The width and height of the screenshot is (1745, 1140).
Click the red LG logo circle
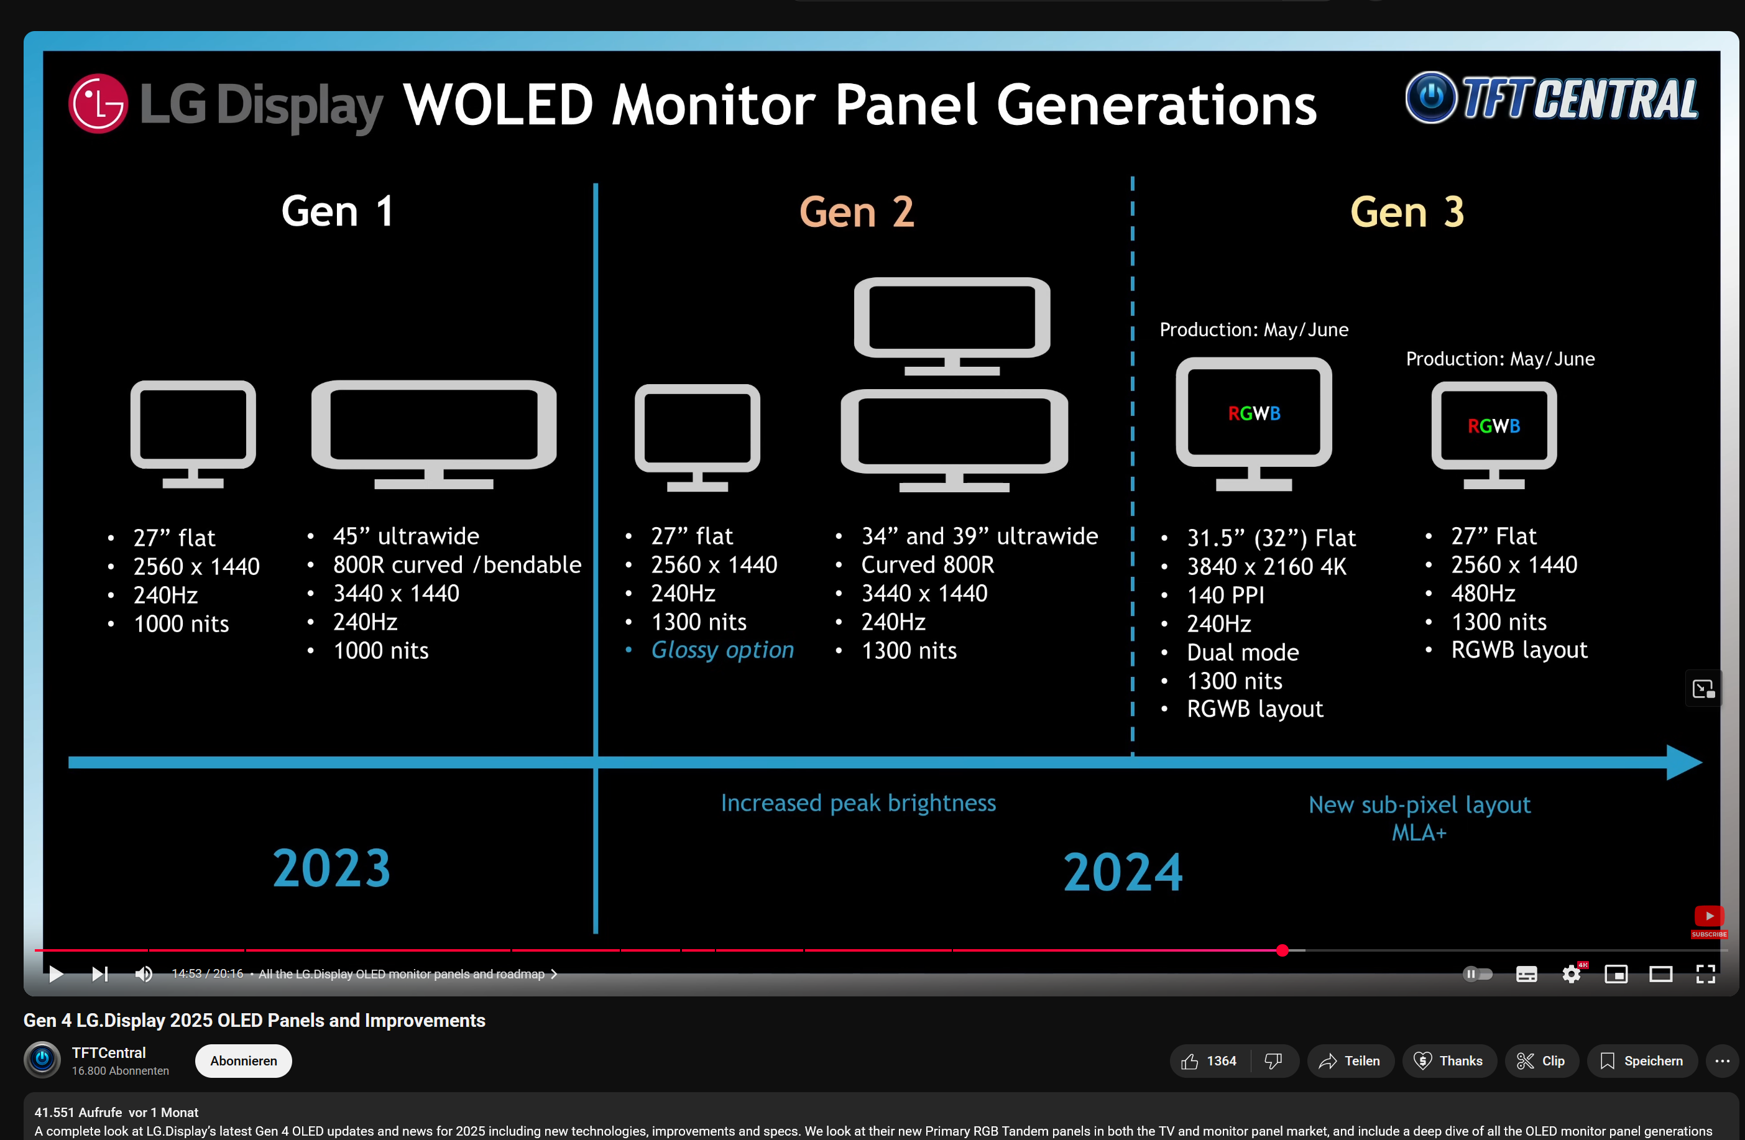click(98, 103)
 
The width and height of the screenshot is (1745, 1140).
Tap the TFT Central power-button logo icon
click(1430, 98)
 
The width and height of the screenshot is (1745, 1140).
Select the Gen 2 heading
click(857, 212)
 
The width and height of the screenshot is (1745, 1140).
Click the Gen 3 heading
click(1406, 212)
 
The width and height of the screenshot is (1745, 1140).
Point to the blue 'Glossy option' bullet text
click(722, 650)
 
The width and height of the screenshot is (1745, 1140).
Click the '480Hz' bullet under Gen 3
click(1483, 593)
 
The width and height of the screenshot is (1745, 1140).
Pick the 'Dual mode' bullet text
click(1242, 652)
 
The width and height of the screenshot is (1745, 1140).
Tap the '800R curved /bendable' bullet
click(457, 564)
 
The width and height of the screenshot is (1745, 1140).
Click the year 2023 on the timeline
click(331, 868)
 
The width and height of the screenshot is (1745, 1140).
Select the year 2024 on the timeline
click(1123, 871)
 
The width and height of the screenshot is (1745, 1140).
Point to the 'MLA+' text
click(1419, 833)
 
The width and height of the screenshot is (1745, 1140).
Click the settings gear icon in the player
click(1571, 973)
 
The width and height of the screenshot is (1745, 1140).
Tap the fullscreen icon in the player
click(1705, 973)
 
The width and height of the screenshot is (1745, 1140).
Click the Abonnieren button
click(244, 1061)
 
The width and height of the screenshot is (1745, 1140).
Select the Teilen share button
click(1350, 1061)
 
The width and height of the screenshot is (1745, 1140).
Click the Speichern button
click(1642, 1061)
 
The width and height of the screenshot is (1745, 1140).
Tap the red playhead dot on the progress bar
click(1282, 950)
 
